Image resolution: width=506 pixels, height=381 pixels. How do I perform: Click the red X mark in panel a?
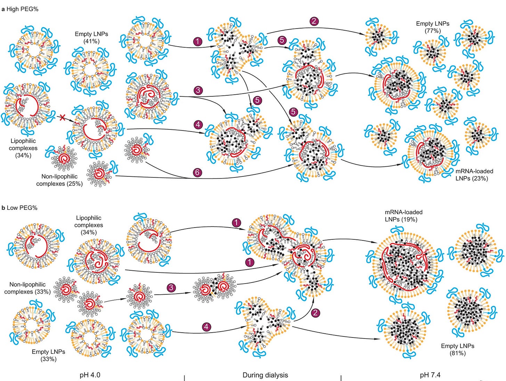[x=63, y=118]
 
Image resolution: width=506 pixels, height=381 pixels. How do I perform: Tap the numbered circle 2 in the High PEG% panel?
[x=314, y=21]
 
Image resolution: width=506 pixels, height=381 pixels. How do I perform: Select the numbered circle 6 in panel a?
[x=197, y=172]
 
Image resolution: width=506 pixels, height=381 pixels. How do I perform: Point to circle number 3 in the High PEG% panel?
[x=198, y=90]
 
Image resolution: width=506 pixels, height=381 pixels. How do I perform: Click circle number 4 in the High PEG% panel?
[x=198, y=124]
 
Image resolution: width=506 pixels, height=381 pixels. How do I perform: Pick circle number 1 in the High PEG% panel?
[x=197, y=41]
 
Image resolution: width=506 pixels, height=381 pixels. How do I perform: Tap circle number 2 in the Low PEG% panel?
[x=315, y=312]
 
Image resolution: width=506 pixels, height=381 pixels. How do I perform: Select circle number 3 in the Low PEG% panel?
[x=171, y=288]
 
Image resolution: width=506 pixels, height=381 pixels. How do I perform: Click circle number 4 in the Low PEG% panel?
[x=206, y=327]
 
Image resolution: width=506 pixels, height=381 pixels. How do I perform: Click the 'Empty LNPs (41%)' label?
[x=91, y=38]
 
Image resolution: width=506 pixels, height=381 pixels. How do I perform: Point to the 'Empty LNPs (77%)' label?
[x=433, y=27]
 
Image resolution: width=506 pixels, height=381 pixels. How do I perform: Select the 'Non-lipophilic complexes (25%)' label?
[x=59, y=180]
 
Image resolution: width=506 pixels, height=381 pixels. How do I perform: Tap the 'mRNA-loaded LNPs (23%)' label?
[x=474, y=175]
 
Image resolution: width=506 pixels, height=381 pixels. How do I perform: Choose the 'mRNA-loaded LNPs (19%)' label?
[x=403, y=216]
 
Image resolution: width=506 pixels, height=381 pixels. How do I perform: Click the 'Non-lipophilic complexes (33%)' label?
[x=27, y=288]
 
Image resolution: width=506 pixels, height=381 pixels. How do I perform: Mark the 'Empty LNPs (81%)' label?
[x=457, y=349]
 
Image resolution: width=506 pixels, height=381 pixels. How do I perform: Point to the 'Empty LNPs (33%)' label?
[x=48, y=355]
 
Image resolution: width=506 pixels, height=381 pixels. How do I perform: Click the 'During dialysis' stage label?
[x=265, y=375]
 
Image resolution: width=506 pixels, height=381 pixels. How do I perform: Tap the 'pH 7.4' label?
[x=430, y=375]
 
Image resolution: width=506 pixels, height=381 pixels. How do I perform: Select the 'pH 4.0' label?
[x=90, y=375]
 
